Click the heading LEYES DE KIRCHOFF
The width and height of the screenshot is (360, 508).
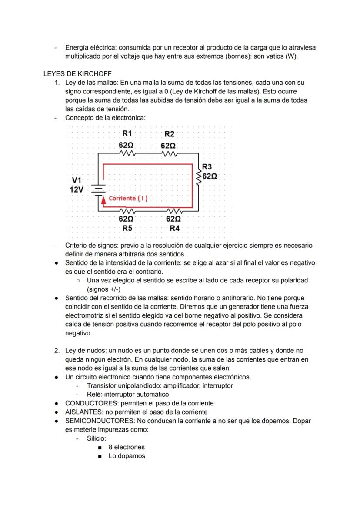point(77,73)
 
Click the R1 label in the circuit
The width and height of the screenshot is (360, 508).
point(127,133)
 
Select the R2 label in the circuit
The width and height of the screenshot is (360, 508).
point(169,134)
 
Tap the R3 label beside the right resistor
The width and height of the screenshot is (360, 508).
point(207,167)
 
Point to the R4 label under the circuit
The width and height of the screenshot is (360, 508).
point(174,228)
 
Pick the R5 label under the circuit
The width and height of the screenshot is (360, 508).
point(127,228)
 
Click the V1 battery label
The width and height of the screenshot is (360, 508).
point(77,180)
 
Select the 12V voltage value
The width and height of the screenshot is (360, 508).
point(77,189)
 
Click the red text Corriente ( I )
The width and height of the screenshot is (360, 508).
point(128,198)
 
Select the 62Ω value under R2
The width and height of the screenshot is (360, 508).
point(168,146)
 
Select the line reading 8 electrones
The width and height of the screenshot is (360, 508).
point(126,447)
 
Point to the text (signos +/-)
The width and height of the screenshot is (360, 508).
point(103,289)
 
